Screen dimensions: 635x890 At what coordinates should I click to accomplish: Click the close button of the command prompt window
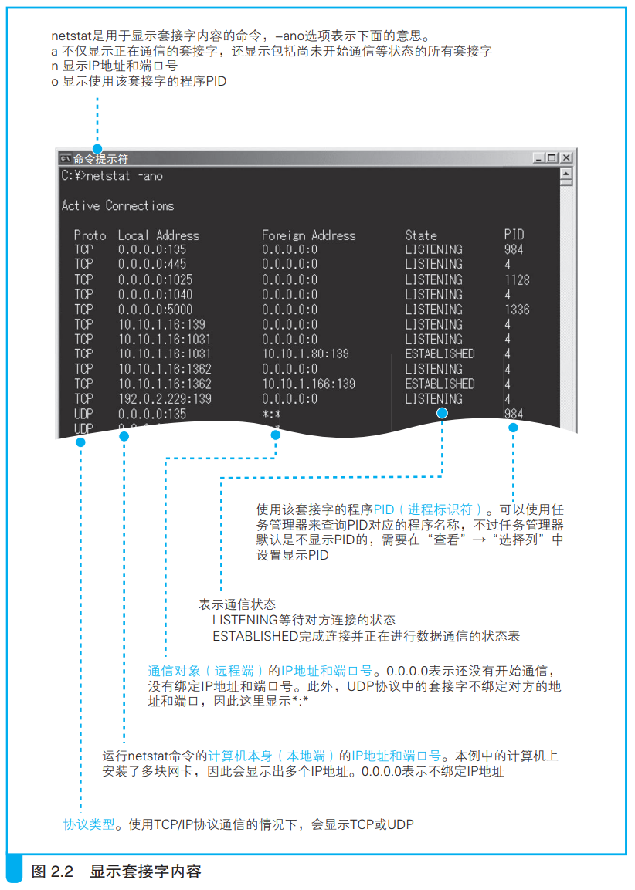click(x=566, y=157)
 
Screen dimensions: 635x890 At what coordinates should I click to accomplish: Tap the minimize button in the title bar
click(x=538, y=157)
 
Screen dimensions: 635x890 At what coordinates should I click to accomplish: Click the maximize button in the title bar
click(x=552, y=157)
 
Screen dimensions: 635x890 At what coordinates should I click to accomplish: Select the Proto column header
click(x=90, y=235)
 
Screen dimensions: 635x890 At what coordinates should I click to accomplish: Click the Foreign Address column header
click(x=308, y=235)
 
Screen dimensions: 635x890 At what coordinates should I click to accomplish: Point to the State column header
click(x=421, y=235)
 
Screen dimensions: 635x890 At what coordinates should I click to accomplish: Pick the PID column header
click(x=514, y=235)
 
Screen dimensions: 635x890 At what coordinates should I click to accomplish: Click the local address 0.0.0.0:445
click(x=152, y=264)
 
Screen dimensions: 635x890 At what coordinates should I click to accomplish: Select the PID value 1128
click(x=517, y=280)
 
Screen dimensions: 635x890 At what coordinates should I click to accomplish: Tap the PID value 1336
click(x=517, y=310)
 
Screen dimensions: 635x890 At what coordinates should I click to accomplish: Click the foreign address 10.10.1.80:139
click(x=306, y=354)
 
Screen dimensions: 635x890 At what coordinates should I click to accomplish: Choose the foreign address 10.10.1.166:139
click(x=308, y=384)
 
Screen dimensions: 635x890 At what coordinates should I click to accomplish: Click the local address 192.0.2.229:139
click(x=165, y=399)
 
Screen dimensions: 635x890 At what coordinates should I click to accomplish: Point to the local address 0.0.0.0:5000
click(x=155, y=310)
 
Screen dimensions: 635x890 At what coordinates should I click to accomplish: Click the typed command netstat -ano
click(x=124, y=176)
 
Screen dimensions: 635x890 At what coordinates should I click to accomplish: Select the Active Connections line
click(x=117, y=205)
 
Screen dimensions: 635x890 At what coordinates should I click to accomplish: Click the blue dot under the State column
click(x=442, y=413)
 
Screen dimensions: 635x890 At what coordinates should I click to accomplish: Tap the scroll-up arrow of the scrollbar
click(x=565, y=173)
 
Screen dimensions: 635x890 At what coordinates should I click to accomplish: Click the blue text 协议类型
click(x=89, y=824)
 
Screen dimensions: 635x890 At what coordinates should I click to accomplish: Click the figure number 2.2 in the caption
click(x=62, y=871)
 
